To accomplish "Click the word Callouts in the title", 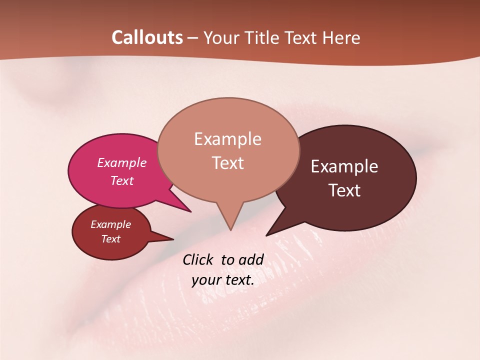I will tap(147, 37).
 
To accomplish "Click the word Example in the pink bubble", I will tap(122, 162).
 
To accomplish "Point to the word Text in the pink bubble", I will tap(122, 180).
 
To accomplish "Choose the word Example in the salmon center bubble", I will tap(227, 138).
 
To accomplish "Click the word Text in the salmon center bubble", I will tap(228, 162).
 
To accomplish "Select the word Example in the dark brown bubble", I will tap(344, 166).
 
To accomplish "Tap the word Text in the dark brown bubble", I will tap(345, 190).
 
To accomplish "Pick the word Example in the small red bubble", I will tap(110, 224).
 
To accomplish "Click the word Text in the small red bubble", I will tap(110, 239).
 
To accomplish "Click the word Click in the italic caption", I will tap(198, 259).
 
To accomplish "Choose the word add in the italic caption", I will tap(250, 259).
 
